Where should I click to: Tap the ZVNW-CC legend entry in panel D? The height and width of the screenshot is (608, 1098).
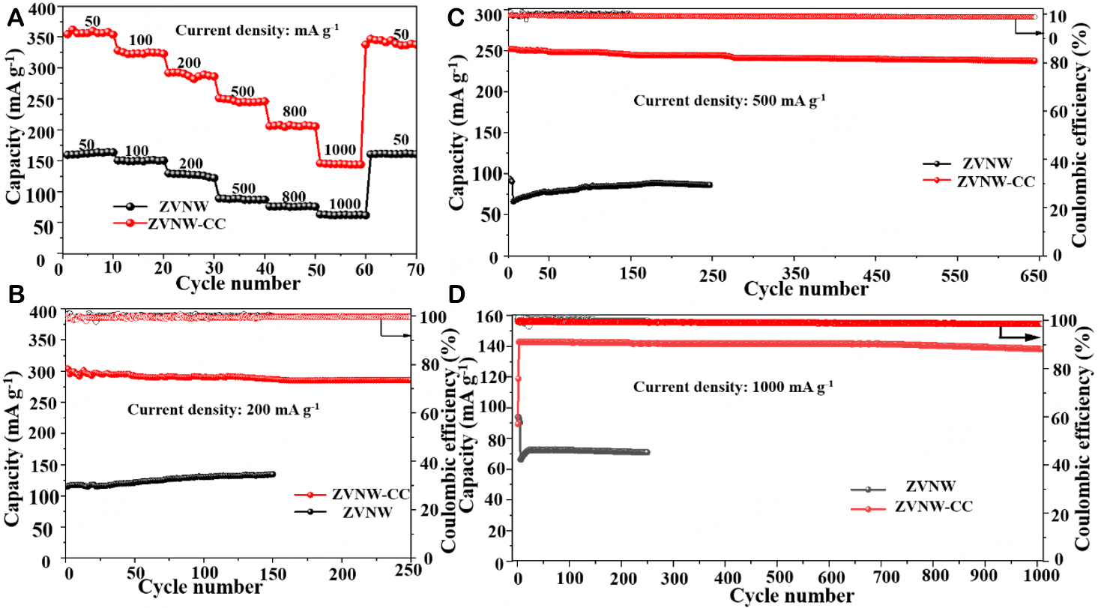point(933,508)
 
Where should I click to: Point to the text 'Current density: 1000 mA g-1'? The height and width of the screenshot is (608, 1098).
point(733,388)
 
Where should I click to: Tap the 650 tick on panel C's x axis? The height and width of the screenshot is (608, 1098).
point(1033,275)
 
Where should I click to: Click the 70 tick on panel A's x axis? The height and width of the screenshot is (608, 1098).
point(415,269)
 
